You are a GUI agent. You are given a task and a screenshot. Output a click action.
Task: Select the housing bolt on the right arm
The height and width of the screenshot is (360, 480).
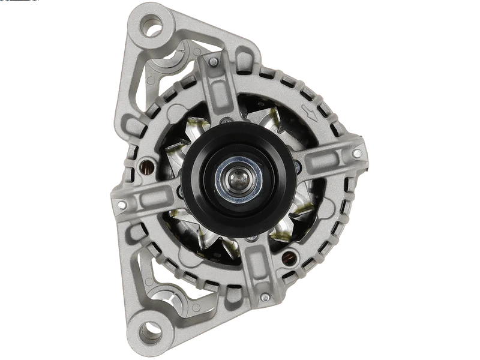click(358, 138)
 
